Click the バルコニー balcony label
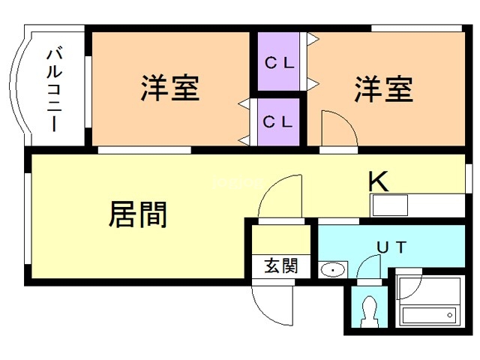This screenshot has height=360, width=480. pos(54,89)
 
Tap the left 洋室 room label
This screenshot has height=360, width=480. pos(170,88)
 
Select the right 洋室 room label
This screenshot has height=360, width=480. pos(383,88)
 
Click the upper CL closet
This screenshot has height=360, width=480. pos(279,63)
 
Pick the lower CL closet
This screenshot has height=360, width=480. pos(279,120)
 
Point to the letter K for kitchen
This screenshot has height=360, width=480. pos(377,181)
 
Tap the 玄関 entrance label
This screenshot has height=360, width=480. pos(280,265)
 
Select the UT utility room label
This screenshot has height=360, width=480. pos(391,247)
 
